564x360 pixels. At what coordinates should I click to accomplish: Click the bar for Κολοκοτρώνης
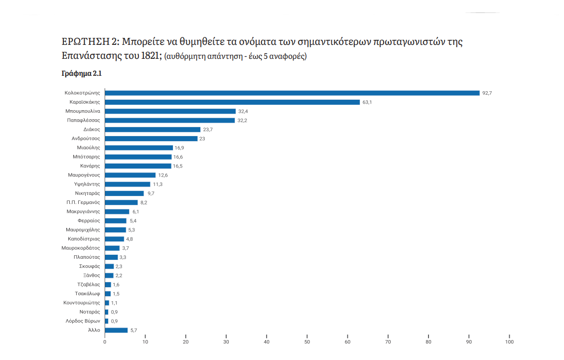pos(292,93)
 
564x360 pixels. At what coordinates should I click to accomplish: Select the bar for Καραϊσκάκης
pos(232,102)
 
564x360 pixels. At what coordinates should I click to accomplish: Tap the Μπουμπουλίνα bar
pos(170,111)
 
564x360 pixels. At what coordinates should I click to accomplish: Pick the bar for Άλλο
pos(116,330)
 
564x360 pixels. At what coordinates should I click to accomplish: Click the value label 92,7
pos(487,93)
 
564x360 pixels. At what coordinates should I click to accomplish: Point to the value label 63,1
pos(367,102)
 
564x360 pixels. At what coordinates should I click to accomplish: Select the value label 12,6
pos(163,175)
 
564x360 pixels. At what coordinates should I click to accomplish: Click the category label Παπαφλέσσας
pos(84,120)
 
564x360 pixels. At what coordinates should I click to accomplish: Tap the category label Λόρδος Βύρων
pos(83,321)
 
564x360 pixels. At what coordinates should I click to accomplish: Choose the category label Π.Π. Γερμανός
pos(83,202)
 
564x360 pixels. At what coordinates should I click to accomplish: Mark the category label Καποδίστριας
pos(84,239)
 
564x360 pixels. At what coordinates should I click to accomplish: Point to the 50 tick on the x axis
pos(307,342)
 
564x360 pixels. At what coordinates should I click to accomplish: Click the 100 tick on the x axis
pos(509,342)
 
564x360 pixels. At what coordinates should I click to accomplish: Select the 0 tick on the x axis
pos(105,342)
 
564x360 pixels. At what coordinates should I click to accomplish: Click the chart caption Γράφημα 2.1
pos(82,73)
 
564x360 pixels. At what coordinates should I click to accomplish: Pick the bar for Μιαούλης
pos(139,148)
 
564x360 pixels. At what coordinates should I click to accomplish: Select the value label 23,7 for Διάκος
pos(208,130)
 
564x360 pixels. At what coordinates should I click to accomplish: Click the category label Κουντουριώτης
pos(82,303)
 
